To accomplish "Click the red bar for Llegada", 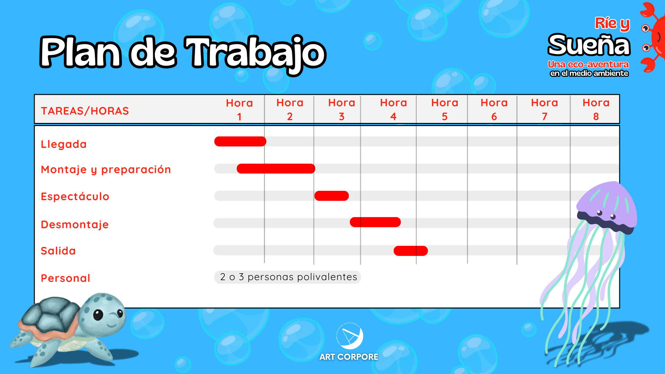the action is click(240, 141).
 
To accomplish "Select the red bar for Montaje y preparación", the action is click(276, 169).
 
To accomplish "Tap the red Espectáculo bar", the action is click(331, 196).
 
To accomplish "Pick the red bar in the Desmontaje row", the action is click(375, 222).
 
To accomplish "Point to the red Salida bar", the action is click(411, 251).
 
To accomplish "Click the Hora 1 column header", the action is click(239, 109).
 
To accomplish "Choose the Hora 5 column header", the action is click(445, 109).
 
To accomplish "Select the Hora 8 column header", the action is click(596, 109).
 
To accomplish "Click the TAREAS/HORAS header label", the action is click(85, 111).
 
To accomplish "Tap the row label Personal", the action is click(65, 278).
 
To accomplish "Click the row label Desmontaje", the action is click(75, 224).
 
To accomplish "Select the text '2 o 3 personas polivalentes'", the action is click(289, 277).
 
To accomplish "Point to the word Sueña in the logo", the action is click(589, 45).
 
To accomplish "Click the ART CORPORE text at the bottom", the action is click(349, 357).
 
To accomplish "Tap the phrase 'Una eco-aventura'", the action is click(588, 64).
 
